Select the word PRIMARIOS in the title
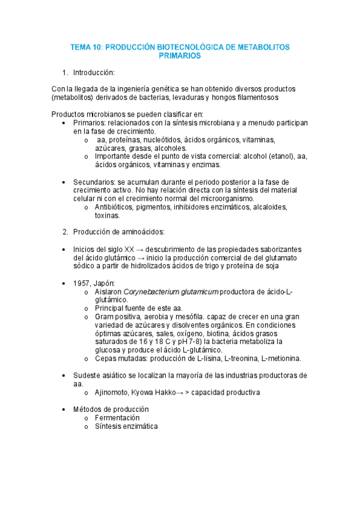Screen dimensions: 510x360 click(180, 55)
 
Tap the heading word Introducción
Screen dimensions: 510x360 click(94, 73)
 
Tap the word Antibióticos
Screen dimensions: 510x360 click(117, 207)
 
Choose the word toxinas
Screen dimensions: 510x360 click(107, 215)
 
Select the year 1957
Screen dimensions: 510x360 click(83, 283)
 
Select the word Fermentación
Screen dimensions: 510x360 click(117, 418)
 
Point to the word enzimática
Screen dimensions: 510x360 click(141, 426)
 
